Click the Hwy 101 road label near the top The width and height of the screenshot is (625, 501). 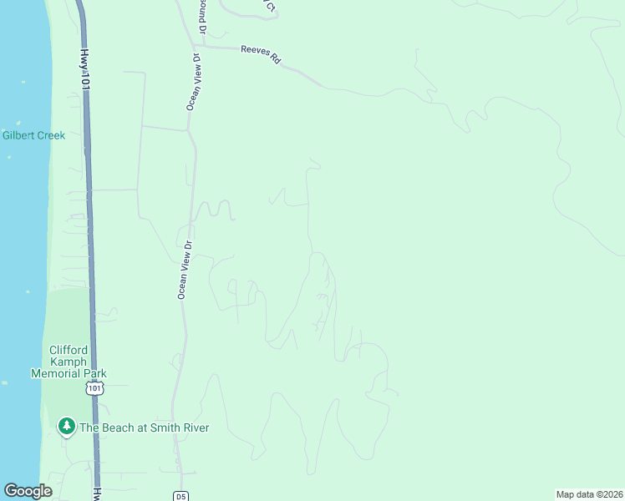coord(85,68)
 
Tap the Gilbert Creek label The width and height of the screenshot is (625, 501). coord(33,135)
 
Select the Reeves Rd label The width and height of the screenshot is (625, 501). coord(260,53)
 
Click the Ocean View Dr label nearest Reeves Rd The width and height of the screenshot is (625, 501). coord(192,82)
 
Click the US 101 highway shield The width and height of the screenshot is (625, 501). coord(94,389)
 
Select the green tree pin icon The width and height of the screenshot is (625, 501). coord(66,427)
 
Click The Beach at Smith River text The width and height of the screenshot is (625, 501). coord(144,428)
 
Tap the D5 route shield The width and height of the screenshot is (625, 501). coord(181,496)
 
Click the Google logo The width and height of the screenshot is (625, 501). coord(28,491)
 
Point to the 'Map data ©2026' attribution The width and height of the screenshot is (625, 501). coord(589,494)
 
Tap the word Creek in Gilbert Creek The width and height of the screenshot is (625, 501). coord(49,135)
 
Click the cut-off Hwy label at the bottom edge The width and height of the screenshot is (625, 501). coord(97,493)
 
